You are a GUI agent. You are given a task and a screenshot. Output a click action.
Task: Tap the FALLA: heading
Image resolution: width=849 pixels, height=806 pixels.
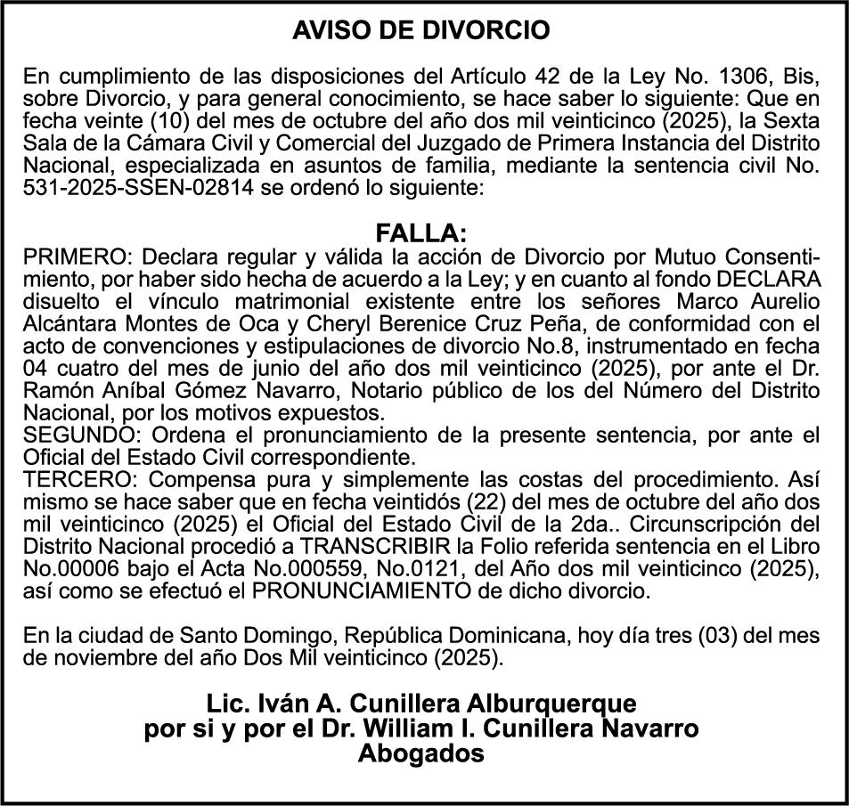421,234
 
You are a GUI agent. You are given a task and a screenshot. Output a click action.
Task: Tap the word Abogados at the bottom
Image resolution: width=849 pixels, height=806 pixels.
421,753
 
